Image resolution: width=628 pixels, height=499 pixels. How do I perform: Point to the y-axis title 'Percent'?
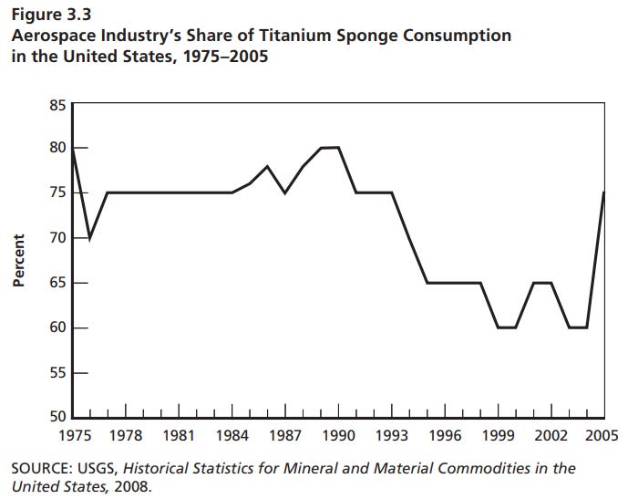click(17, 261)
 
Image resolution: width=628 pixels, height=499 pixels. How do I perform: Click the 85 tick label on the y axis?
click(57, 105)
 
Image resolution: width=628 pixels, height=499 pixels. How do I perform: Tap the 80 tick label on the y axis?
click(57, 149)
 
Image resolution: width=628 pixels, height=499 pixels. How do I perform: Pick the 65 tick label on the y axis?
click(57, 284)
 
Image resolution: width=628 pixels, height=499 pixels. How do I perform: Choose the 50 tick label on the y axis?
click(57, 418)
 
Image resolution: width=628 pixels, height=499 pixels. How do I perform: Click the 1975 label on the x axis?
click(73, 436)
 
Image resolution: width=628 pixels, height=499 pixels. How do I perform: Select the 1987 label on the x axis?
click(285, 436)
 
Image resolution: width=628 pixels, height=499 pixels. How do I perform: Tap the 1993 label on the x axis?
click(392, 436)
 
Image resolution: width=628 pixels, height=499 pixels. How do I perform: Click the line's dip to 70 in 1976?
click(90, 238)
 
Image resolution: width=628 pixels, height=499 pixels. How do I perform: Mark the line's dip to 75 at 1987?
click(285, 193)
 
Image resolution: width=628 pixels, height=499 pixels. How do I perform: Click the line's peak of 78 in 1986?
click(267, 166)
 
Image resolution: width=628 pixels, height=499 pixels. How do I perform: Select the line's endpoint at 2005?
click(602, 193)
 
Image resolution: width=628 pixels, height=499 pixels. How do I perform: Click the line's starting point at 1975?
click(73, 149)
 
